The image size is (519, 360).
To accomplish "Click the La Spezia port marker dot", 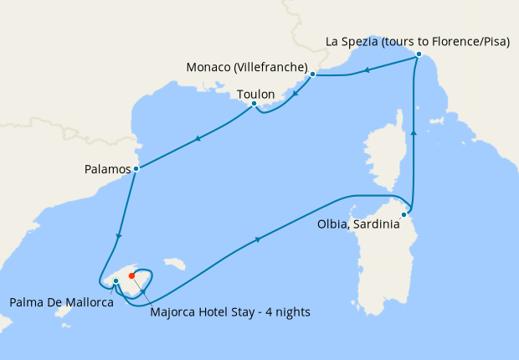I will [418, 56].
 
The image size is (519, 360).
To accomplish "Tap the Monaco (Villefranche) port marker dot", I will [312, 75].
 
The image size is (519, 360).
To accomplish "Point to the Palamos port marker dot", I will [136, 169].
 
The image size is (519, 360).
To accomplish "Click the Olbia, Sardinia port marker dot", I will [403, 215].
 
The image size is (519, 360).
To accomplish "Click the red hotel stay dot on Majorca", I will [131, 275].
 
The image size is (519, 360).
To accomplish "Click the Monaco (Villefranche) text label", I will [247, 67].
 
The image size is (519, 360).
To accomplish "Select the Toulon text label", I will [255, 95].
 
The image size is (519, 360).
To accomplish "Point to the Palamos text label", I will [108, 169].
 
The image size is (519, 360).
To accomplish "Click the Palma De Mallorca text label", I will [61, 301].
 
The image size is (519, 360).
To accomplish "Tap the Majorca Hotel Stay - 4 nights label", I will [230, 312].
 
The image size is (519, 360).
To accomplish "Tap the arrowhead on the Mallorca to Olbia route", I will [257, 240].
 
